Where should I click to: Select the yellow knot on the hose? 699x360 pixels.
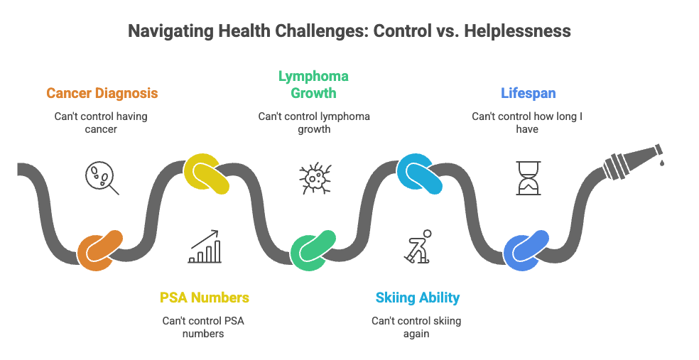[x=206, y=173]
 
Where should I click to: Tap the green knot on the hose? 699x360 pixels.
[x=313, y=250]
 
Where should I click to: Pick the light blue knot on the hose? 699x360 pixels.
[x=419, y=173]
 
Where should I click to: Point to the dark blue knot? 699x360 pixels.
[x=526, y=249]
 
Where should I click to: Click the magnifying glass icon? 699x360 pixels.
[x=101, y=178]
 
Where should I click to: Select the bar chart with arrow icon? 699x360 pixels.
[x=206, y=246]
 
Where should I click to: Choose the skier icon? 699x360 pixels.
[x=417, y=246]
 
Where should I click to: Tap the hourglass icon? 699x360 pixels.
[x=527, y=178]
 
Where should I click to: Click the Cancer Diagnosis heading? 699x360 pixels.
[x=102, y=93]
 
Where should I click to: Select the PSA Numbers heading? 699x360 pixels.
[x=205, y=298]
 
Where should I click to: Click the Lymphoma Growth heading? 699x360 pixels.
[x=313, y=84]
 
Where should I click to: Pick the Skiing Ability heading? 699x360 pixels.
[x=417, y=298]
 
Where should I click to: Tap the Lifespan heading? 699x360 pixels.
[x=527, y=93]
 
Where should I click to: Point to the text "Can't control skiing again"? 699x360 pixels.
[x=416, y=327]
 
